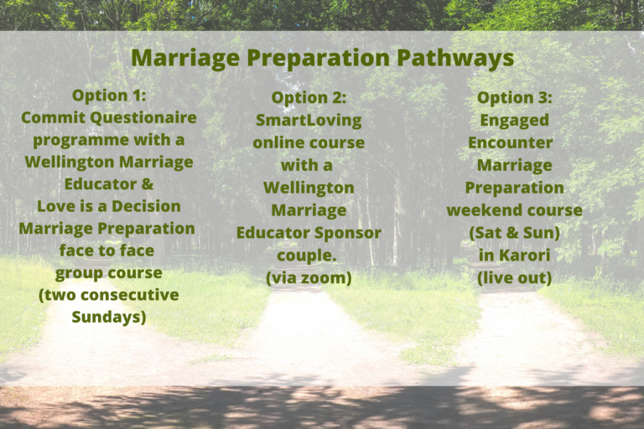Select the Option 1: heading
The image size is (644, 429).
109,96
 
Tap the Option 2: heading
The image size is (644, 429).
309,98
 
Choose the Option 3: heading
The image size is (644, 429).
514,98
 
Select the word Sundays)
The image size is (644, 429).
109,317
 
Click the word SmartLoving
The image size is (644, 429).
309,120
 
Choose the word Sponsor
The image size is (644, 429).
349,232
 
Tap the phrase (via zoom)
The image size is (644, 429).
309,277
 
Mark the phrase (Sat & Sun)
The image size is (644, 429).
514,232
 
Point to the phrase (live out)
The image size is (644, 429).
514,277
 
